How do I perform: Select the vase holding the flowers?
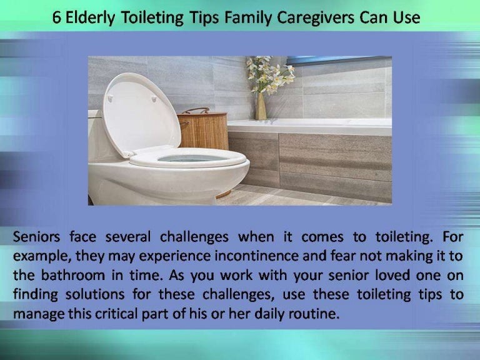click(x=261, y=106)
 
